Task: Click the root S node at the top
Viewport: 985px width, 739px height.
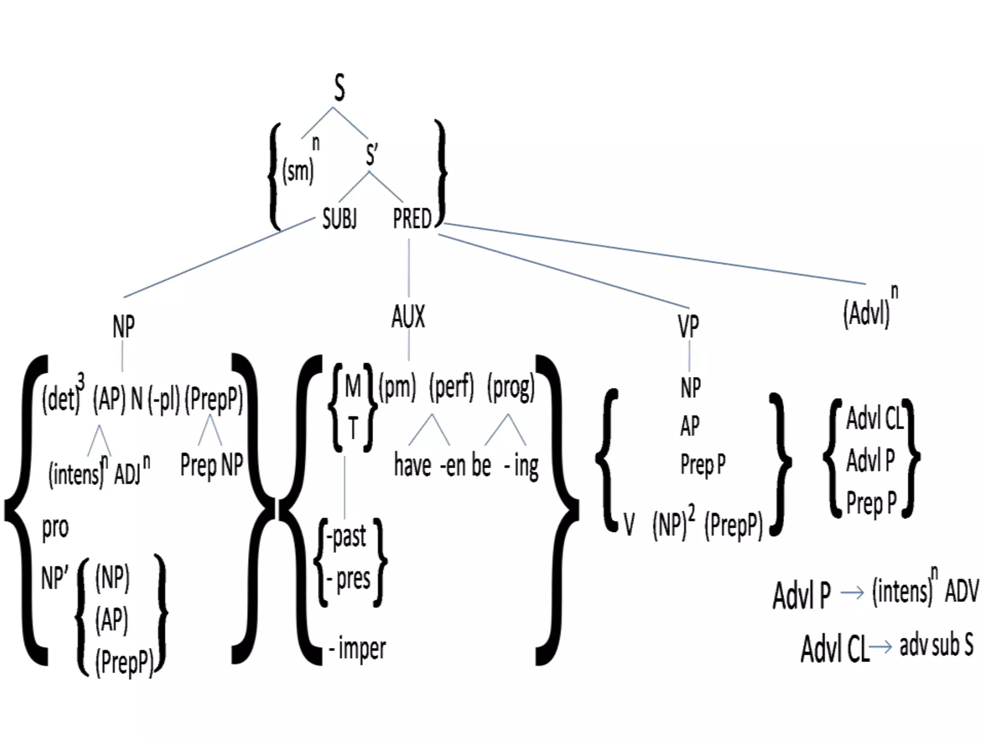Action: tap(340, 88)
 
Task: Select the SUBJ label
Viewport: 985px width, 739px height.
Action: tap(340, 219)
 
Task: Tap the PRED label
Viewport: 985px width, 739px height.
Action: tap(412, 219)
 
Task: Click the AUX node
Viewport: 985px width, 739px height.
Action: tap(408, 317)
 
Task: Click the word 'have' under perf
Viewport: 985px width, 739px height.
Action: tap(412, 466)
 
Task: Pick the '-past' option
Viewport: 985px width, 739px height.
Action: tap(347, 536)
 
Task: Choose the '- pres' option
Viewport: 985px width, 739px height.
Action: tap(349, 579)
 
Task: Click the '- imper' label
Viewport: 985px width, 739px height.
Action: tap(358, 648)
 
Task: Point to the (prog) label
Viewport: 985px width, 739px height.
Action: tap(511, 388)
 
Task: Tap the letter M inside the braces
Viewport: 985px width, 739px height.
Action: tap(353, 386)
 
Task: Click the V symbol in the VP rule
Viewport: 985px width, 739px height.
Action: tap(629, 524)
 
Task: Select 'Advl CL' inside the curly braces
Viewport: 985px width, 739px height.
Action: tap(874, 418)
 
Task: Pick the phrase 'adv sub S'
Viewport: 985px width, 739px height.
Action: tap(936, 645)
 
